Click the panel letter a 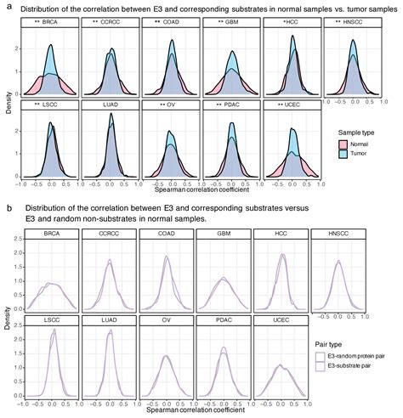pos(7,8)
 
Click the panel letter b pos(7,207)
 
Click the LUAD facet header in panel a pos(111,104)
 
